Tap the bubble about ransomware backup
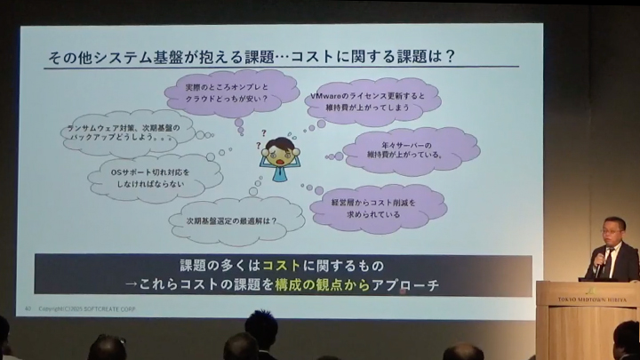click(x=130, y=133)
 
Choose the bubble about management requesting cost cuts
click(x=379, y=208)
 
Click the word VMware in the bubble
click(x=326, y=95)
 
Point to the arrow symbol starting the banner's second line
click(x=130, y=285)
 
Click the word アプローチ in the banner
click(x=408, y=284)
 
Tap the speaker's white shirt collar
click(x=611, y=249)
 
